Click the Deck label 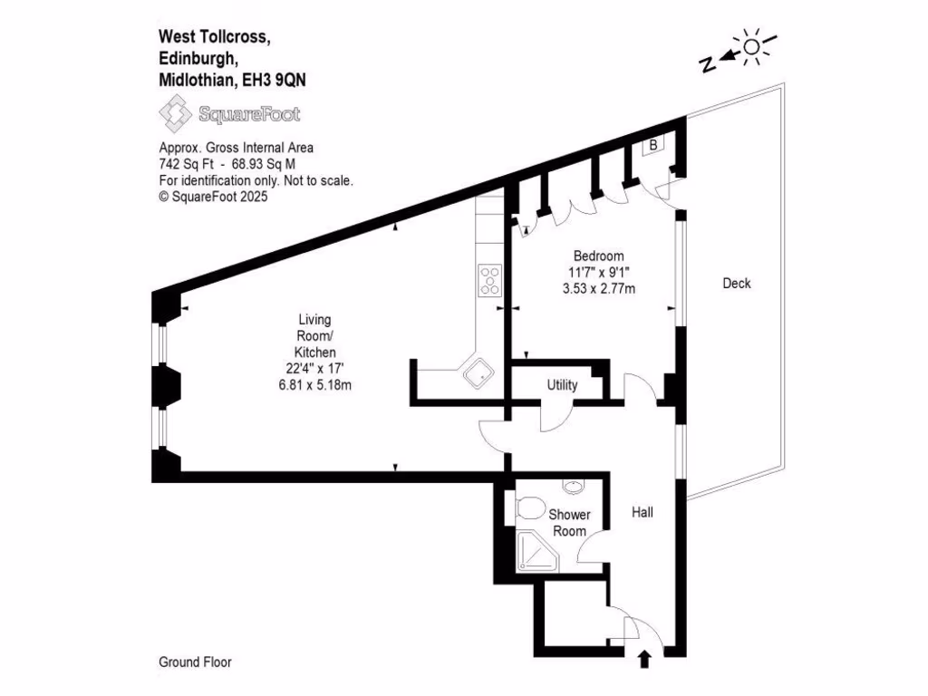[736, 284]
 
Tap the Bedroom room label [596, 256]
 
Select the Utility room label [562, 385]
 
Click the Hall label [643, 512]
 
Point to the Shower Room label [569, 522]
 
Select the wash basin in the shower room [573, 487]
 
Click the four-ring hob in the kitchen [490, 280]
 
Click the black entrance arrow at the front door [644, 659]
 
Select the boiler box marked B [652, 145]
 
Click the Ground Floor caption [195, 662]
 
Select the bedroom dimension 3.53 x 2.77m [595, 289]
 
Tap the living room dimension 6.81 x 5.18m [314, 384]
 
